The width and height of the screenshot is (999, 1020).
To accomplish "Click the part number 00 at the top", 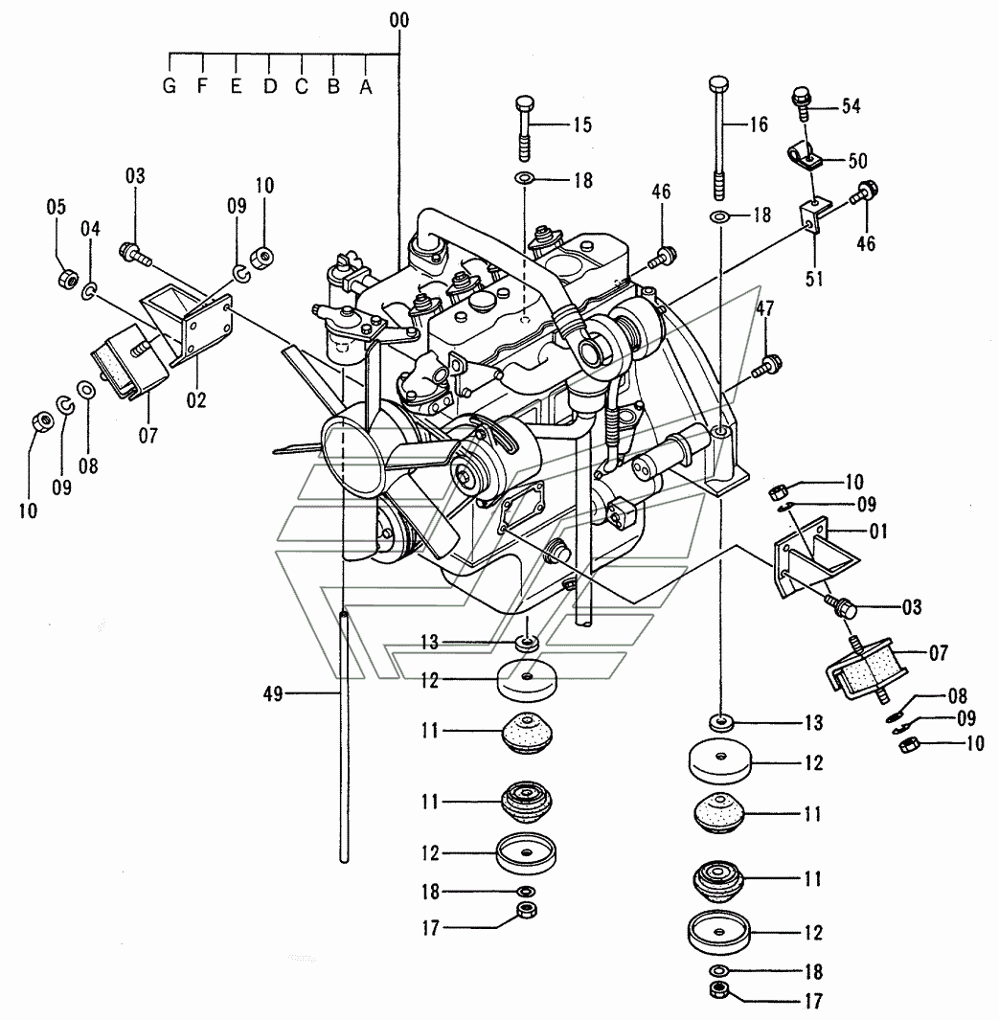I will point(399,19).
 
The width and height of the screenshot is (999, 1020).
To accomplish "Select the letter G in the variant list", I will point(170,86).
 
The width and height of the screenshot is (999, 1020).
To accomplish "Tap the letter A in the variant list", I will point(365,86).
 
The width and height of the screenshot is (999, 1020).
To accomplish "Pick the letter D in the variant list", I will point(270,86).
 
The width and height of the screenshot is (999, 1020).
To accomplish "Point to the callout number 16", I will point(758,124).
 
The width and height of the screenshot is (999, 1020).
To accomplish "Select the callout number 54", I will point(850,106).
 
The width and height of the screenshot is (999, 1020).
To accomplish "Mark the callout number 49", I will point(274,694).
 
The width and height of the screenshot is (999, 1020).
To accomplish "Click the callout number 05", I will point(57,207).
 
